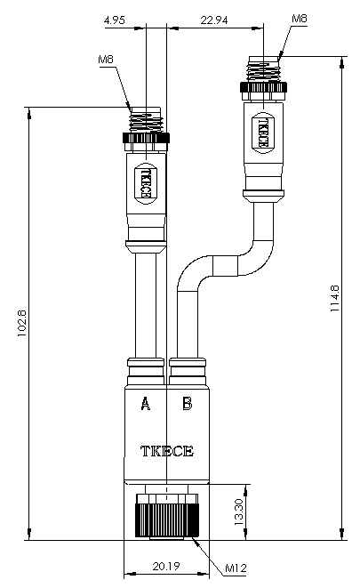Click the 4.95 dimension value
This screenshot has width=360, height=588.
coord(115,20)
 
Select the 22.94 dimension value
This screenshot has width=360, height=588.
coord(214,20)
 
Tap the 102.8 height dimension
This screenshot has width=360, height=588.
coord(22,323)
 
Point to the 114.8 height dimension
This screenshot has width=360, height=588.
coord(334,299)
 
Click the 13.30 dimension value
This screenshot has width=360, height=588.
coord(238,511)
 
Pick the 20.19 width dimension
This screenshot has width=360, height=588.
coord(166,566)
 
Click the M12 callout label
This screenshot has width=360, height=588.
coord(236,568)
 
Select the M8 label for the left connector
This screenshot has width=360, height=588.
coord(106,60)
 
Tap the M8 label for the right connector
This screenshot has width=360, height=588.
coord(300,19)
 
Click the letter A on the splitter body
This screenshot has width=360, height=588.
coord(146,404)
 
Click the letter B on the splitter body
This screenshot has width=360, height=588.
coord(188,404)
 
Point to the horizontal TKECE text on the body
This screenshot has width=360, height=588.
coord(167,451)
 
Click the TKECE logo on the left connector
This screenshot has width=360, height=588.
coord(146,183)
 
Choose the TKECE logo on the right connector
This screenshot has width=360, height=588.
coord(263,133)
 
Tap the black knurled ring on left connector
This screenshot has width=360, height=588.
coord(146,138)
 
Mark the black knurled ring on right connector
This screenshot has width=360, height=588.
coord(263,87)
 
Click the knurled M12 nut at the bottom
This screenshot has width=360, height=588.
coord(167,516)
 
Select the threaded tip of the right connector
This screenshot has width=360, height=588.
coord(263,69)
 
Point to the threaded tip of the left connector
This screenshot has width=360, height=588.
coord(146,119)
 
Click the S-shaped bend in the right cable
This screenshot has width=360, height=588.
coord(225,266)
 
